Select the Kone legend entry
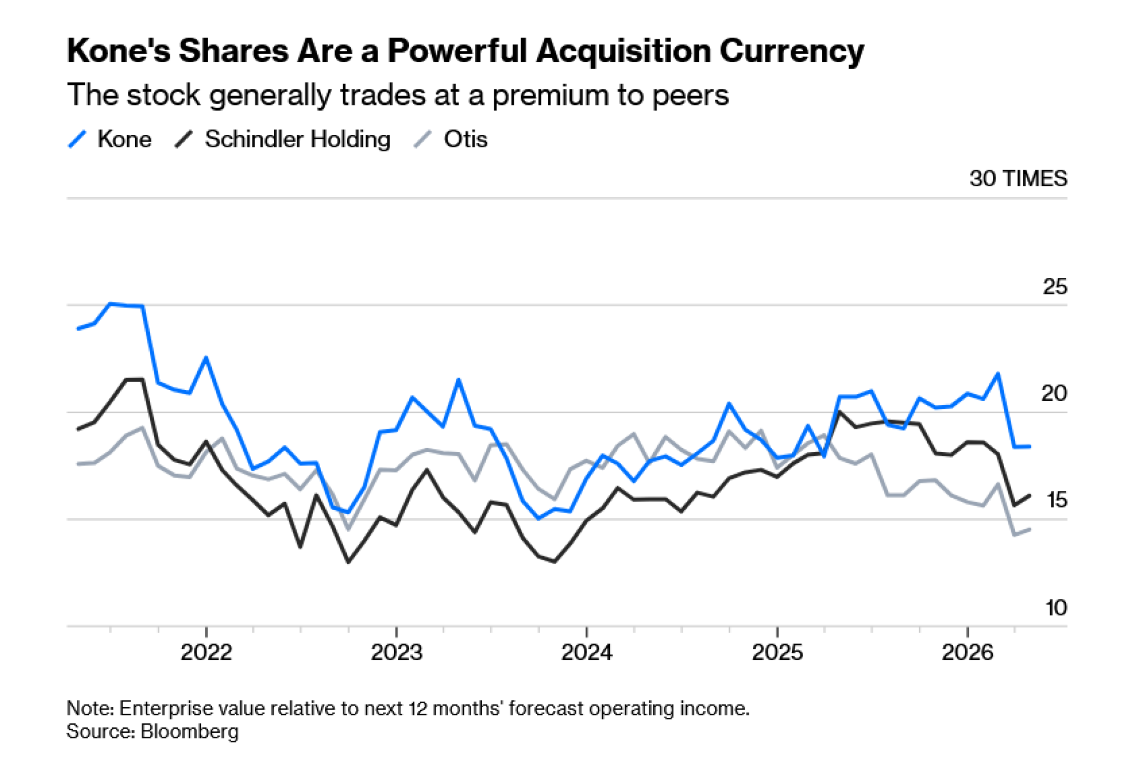coord(124,139)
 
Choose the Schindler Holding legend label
coord(297,139)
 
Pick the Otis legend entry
coord(465,139)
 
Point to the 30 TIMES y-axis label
coord(1018,179)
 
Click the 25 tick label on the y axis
coord(1055,286)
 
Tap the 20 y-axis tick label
coord(1054,393)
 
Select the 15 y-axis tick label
coord(1056,500)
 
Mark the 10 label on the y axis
coord(1056,608)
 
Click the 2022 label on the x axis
coord(206,652)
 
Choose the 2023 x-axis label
coord(396,652)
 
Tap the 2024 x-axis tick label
coord(587,652)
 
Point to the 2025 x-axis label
coord(777,652)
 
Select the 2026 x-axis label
coord(968,652)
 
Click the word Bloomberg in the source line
coord(190,732)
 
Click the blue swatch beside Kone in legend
coord(77,139)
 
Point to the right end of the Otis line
coord(1030,529)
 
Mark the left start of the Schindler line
coord(78,429)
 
